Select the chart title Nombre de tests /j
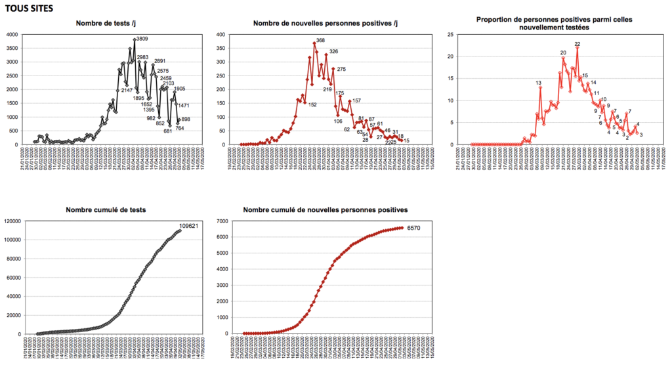click(x=106, y=24)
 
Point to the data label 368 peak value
click(x=321, y=41)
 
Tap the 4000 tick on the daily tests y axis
click(x=12, y=34)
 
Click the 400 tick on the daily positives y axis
click(x=231, y=34)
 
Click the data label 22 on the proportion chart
click(x=577, y=45)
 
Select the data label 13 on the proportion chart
click(x=538, y=83)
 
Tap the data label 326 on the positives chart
click(x=333, y=51)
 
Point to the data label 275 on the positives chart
click(x=341, y=69)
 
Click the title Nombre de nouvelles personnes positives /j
click(x=325, y=24)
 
